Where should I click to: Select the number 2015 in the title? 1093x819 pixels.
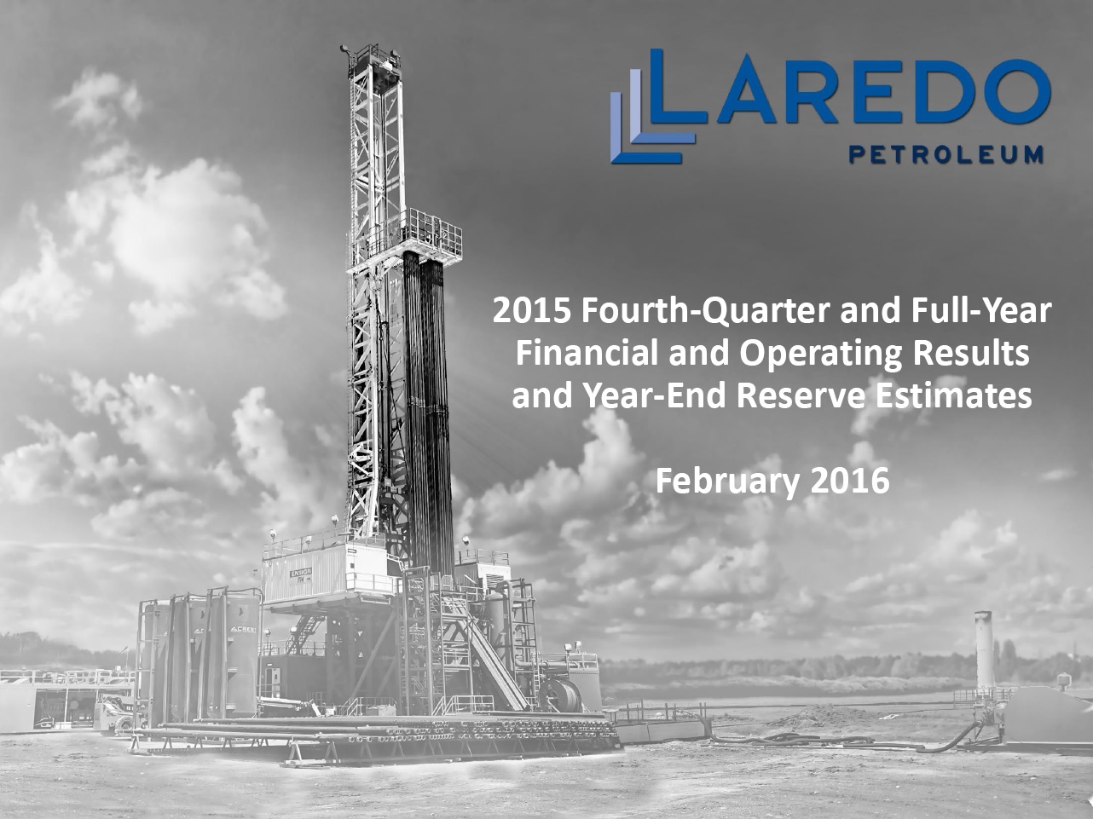tap(531, 310)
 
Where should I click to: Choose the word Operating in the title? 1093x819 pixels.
tap(821, 355)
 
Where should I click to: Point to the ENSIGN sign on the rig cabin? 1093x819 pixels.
tap(301, 573)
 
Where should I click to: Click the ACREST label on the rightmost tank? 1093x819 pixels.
tap(243, 630)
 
